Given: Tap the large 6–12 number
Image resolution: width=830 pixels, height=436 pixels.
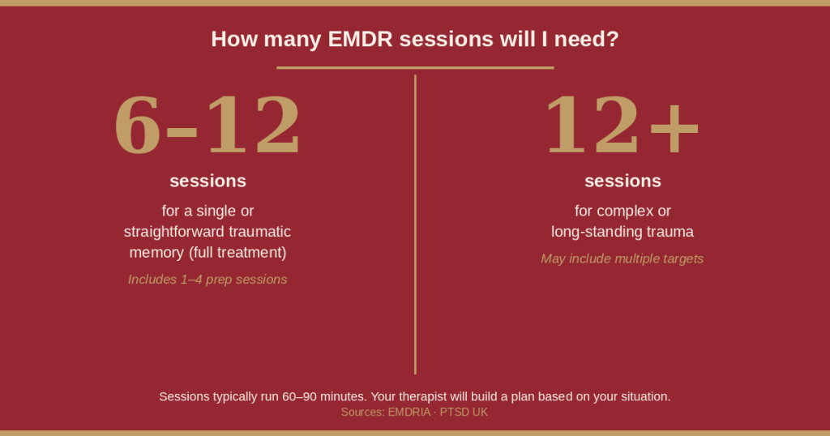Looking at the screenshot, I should pyautogui.click(x=207, y=126).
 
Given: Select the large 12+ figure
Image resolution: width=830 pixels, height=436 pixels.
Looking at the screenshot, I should pyautogui.click(x=622, y=126).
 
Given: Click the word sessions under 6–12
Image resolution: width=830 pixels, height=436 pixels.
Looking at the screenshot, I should pyautogui.click(x=207, y=181).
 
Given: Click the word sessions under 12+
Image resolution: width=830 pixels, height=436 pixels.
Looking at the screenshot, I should pyautogui.click(x=622, y=181).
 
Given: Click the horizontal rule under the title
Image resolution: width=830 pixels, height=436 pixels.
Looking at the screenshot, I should pyautogui.click(x=415, y=67).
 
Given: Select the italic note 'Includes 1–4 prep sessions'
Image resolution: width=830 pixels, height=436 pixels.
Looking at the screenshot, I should pyautogui.click(x=207, y=280).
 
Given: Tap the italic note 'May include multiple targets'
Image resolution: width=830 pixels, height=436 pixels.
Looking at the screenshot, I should pyautogui.click(x=622, y=259).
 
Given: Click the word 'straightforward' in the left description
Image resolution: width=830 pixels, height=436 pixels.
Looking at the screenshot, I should pyautogui.click(x=173, y=232).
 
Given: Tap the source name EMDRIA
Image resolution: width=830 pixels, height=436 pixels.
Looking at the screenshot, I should pyautogui.click(x=410, y=412).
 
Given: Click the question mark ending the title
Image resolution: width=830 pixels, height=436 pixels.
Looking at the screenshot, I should pyautogui.click(x=613, y=39).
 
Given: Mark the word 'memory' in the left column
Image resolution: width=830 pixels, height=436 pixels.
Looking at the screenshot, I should pyautogui.click(x=156, y=253).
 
